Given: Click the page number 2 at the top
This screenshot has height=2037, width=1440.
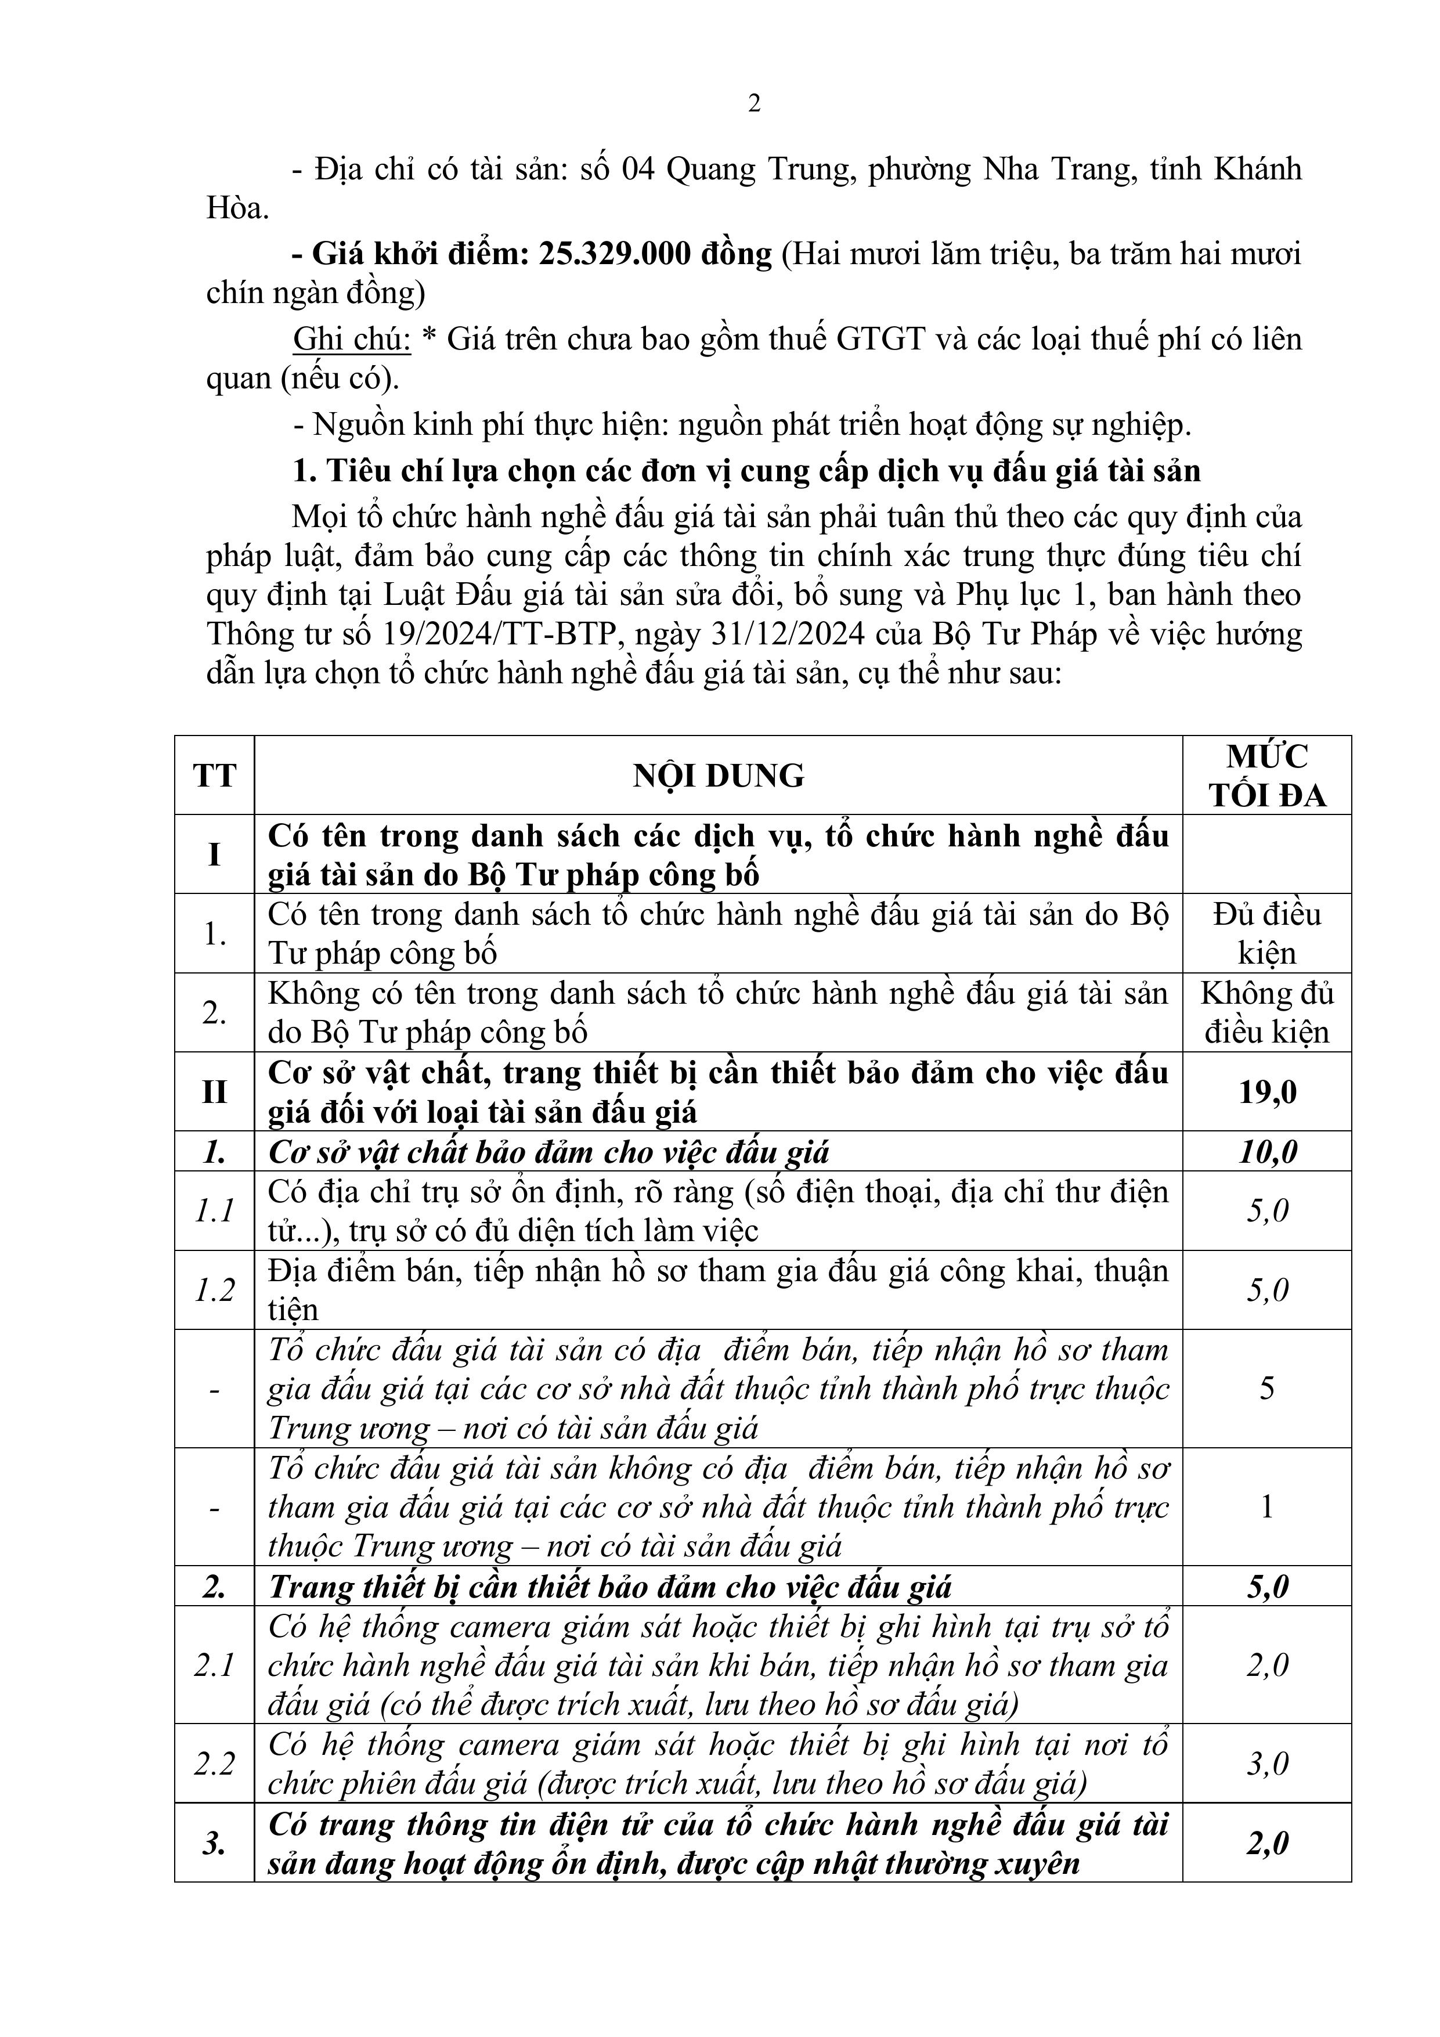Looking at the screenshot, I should (x=754, y=104).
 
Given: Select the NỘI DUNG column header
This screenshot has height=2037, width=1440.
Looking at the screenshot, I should (x=718, y=776).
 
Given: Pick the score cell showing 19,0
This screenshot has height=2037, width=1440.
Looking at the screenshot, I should (x=1267, y=1092).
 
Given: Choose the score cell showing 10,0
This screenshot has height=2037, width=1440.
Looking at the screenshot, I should (x=1267, y=1152).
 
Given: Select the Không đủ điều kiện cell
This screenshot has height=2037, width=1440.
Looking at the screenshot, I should (x=1267, y=1013).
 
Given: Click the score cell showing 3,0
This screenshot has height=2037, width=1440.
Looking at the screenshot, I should (x=1267, y=1764).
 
